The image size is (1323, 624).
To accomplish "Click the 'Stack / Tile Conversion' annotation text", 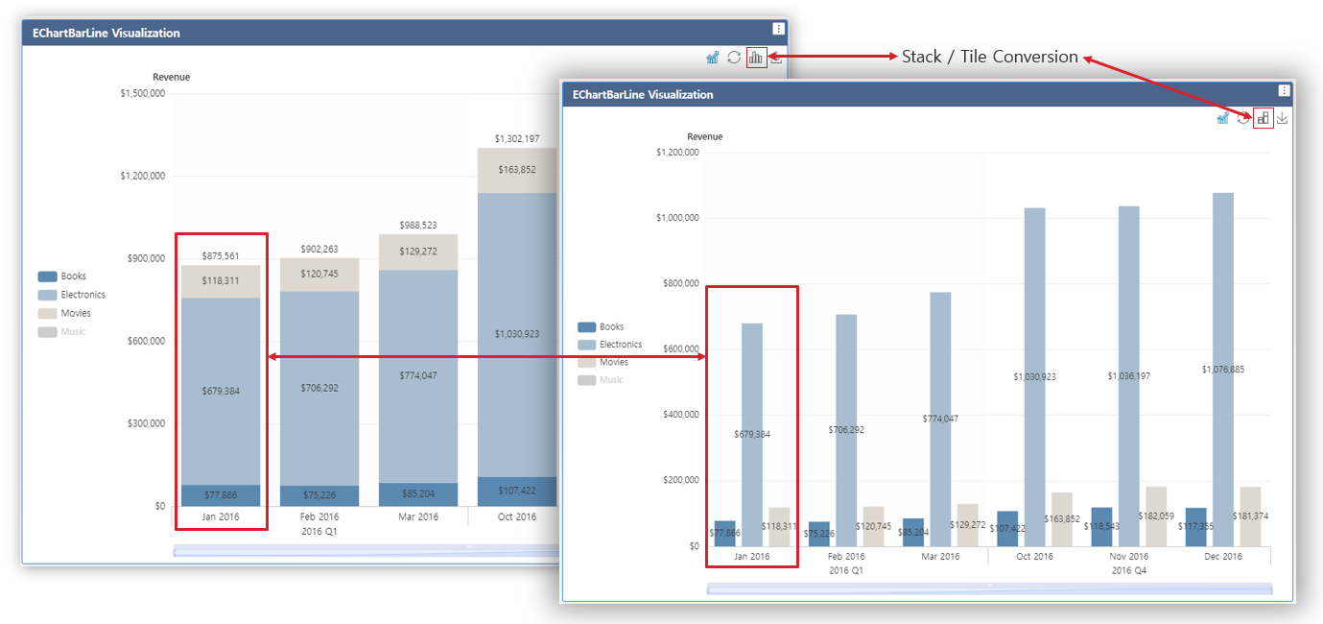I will click(989, 57).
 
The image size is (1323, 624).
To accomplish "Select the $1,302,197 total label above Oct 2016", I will click(516, 139).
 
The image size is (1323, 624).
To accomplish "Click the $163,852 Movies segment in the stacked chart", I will click(516, 170).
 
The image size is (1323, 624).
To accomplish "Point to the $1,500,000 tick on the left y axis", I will click(142, 93).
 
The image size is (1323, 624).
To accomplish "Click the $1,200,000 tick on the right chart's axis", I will click(677, 153).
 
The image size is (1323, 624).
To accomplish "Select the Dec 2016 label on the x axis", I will click(1222, 556).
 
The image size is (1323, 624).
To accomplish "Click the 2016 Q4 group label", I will click(1129, 570).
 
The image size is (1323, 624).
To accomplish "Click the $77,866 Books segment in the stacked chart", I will click(221, 495).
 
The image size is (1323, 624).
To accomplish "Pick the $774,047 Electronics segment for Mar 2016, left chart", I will click(417, 375).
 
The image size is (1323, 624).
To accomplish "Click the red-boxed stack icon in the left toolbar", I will click(756, 58).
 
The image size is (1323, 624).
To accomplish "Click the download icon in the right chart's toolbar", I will click(1282, 118).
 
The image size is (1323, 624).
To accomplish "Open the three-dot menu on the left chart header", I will click(778, 30).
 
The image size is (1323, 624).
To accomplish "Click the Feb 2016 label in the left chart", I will click(319, 516).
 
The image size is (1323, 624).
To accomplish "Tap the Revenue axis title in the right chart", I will click(705, 137).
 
